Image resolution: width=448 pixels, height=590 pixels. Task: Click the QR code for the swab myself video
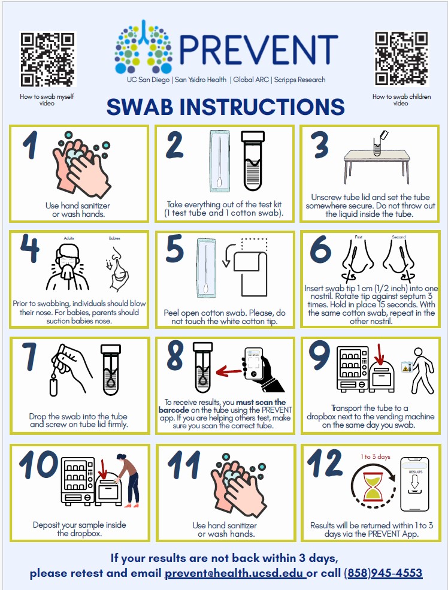point(48,59)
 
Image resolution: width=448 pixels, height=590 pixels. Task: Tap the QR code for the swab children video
point(401,59)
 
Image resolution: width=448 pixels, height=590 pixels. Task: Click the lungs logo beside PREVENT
point(143,47)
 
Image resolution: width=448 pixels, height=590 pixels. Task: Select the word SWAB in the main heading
point(140,107)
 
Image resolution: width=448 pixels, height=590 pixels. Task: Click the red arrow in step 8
point(229,372)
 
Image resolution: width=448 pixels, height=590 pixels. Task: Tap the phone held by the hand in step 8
point(253,364)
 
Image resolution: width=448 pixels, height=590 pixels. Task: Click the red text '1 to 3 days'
point(376,457)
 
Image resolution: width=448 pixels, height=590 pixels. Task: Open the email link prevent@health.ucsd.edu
point(235,573)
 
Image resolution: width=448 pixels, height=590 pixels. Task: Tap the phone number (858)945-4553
point(383,573)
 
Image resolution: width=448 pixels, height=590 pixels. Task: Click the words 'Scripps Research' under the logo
point(300,80)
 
